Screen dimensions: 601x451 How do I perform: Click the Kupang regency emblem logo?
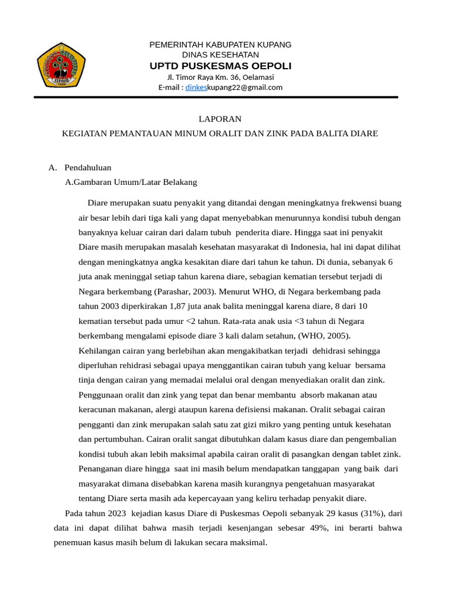point(62,65)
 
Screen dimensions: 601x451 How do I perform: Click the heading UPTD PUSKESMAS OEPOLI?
point(220,66)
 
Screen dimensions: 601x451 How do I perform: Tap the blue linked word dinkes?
point(196,87)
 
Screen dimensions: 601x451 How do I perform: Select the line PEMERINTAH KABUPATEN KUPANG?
point(220,45)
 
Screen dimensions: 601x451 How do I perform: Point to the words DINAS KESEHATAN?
point(220,55)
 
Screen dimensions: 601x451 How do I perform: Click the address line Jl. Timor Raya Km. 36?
point(220,77)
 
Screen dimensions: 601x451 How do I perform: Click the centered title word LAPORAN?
point(220,119)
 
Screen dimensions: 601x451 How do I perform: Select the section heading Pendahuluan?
point(88,168)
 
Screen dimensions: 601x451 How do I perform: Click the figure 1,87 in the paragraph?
point(180,306)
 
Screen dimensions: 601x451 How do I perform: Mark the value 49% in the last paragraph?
point(319,528)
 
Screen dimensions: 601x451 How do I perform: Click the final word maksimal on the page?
point(250,542)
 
